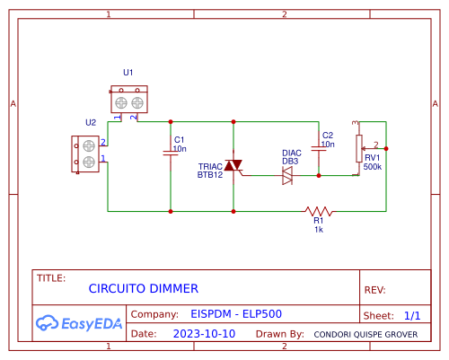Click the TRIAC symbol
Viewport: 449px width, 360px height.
(x=233, y=166)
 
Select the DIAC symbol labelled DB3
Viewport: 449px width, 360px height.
(x=287, y=176)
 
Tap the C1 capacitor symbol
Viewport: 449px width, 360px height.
(x=171, y=153)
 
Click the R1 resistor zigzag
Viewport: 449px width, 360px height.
(x=318, y=211)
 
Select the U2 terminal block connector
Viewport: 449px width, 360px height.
(x=89, y=154)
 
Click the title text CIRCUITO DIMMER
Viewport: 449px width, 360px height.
(x=143, y=288)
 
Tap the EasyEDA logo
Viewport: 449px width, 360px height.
(x=80, y=322)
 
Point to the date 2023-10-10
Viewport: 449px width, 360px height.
(x=204, y=333)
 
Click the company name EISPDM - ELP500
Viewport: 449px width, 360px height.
(x=236, y=315)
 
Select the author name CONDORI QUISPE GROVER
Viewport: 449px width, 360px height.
(x=365, y=334)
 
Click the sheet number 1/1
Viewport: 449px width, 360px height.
(x=412, y=316)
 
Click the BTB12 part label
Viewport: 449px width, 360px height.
(x=210, y=175)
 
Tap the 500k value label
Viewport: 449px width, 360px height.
(x=373, y=167)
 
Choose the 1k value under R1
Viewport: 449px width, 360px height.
(x=319, y=230)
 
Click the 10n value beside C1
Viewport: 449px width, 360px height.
(x=180, y=148)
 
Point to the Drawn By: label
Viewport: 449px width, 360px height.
(x=279, y=333)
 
